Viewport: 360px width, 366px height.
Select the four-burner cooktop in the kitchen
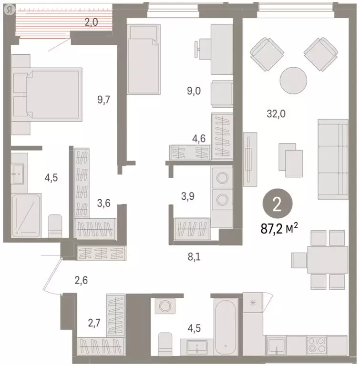point(316,345)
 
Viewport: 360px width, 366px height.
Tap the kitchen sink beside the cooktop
point(276,345)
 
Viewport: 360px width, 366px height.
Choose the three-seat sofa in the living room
point(333,160)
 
